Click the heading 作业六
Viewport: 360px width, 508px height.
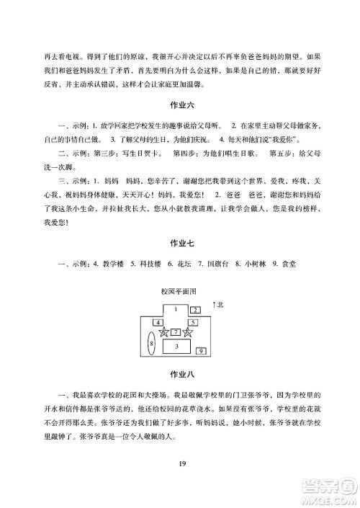180,107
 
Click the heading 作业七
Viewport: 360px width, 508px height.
180,244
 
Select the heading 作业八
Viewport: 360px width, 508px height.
180,373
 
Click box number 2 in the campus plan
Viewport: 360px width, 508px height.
195,310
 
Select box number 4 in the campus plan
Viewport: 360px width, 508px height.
157,322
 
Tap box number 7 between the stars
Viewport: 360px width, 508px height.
175,332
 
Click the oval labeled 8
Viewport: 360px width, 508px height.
151,344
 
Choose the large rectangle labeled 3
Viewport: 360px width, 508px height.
176,347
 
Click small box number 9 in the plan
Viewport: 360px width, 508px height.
201,351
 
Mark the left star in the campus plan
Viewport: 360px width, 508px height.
163,332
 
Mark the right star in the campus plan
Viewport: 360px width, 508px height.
189,332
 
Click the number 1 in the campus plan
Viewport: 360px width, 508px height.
175,308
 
